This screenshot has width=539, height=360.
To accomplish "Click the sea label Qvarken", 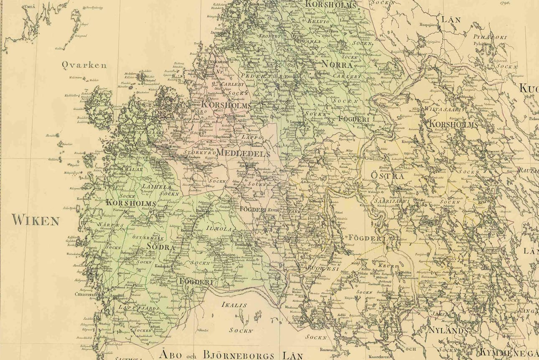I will coord(84,65).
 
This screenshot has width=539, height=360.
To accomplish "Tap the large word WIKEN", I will coord(36,220).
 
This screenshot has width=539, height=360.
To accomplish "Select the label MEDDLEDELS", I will coord(243,154).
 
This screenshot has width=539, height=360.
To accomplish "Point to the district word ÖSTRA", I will coord(387,176).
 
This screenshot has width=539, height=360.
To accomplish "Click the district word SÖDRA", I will coord(160,247).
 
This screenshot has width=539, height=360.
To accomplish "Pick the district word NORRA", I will coord(336,64).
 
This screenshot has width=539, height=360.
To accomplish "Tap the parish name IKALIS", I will coord(234,305).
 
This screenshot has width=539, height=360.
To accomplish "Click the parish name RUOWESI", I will coord(323,268).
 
